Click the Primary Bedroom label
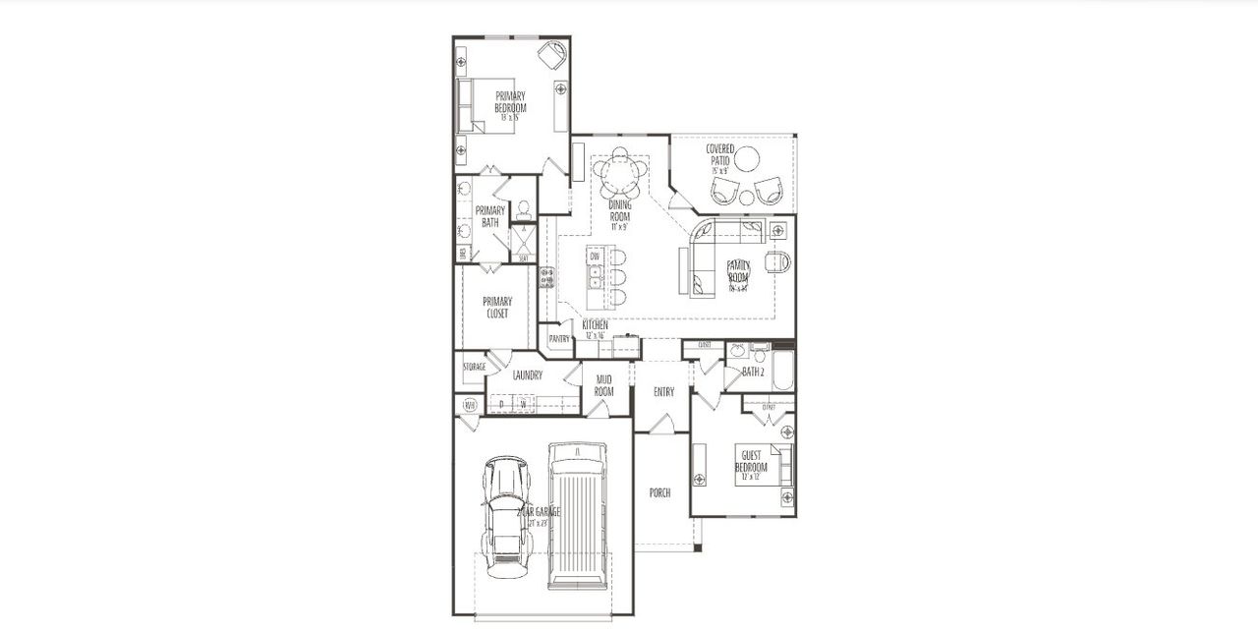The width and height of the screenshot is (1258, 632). [x=510, y=102]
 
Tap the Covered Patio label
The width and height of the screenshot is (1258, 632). [x=720, y=154]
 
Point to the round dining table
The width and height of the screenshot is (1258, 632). [x=619, y=176]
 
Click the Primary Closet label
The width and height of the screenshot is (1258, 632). [x=496, y=308]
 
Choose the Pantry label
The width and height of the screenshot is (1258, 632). [x=559, y=339]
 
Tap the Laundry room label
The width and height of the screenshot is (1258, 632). [x=528, y=374]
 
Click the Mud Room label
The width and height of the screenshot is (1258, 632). [x=603, y=385]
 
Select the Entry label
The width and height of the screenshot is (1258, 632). [x=663, y=391]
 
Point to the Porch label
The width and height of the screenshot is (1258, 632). [x=659, y=492]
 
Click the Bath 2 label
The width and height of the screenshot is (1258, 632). [x=753, y=372]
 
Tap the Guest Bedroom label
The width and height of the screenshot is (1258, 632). [x=751, y=462]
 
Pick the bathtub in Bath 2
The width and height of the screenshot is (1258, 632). [x=782, y=372]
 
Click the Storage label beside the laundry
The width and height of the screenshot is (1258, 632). [x=474, y=367]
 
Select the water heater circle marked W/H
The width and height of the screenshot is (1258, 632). [x=470, y=403]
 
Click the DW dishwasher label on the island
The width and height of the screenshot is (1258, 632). [x=595, y=257]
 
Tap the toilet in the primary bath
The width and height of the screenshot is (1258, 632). [x=524, y=208]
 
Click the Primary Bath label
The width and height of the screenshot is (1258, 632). [x=489, y=216]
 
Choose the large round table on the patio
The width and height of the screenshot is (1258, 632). [x=749, y=157]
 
